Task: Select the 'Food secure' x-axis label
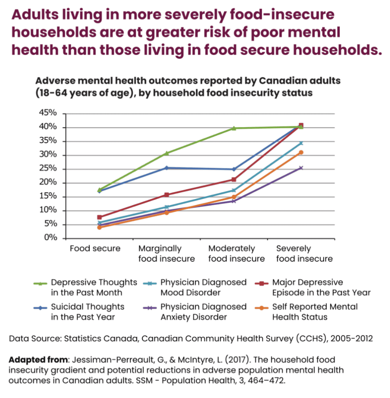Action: pos(95,249)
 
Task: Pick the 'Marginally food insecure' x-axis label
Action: pos(167,254)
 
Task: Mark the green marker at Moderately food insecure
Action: pos(234,128)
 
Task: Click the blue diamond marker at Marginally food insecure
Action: pos(167,168)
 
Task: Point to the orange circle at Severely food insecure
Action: pos(301,152)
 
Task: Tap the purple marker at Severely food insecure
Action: pos(301,168)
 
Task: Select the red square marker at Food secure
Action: pos(100,217)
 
